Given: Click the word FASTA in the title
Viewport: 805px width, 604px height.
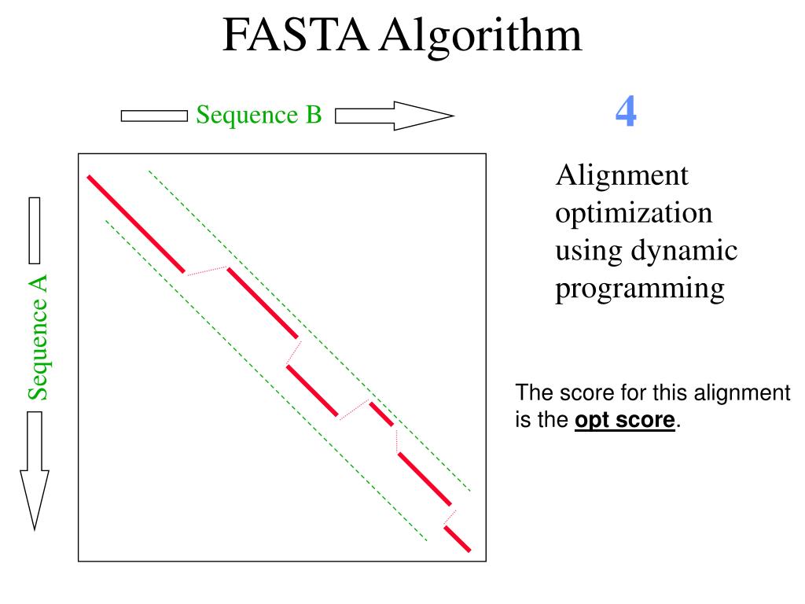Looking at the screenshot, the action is [295, 35].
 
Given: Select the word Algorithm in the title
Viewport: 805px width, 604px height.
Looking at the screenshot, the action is [480, 35].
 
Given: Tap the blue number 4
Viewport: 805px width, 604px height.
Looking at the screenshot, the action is [626, 112].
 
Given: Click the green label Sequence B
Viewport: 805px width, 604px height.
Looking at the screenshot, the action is [259, 115].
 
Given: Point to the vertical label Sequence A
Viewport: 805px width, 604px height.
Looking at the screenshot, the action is [38, 337].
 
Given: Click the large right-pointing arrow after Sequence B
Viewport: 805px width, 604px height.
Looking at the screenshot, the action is [394, 116].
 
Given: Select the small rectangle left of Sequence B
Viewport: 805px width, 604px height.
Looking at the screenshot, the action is [154, 116].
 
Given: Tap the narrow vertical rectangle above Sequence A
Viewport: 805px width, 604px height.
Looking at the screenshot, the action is [34, 230].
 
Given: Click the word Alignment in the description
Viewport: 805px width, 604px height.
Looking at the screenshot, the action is [622, 175].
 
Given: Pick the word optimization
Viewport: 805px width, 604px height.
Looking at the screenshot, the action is [634, 213].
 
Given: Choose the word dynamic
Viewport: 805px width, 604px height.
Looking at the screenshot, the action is [684, 251].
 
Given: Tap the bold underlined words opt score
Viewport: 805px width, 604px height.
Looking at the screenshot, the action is [625, 421].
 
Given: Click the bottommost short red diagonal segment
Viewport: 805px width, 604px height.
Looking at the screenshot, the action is [457, 539].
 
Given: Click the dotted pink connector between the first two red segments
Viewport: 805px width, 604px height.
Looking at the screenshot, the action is [206, 271].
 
